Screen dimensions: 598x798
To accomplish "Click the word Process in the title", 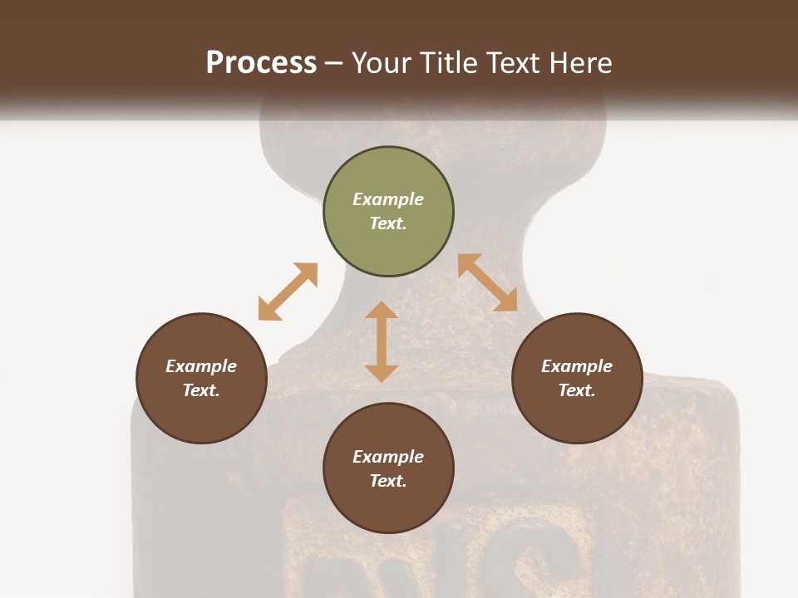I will (x=261, y=63).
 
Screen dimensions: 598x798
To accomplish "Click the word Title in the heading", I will (x=449, y=63).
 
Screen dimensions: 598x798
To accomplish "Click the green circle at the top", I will (x=388, y=212).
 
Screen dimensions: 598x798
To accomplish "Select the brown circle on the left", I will (x=201, y=379).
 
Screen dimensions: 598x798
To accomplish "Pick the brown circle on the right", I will (x=577, y=379).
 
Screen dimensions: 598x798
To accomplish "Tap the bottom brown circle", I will (x=388, y=468).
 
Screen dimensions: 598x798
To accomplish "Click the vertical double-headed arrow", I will (x=382, y=341).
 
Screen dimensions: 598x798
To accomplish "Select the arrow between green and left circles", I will (x=288, y=292).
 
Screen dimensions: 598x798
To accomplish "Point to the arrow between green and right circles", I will (x=488, y=282).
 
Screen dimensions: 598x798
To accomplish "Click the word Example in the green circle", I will (x=388, y=199).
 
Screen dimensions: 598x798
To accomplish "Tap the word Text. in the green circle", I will (x=388, y=223).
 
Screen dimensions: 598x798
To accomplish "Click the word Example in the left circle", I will (x=201, y=366).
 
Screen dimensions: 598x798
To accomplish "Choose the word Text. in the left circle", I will (x=201, y=390).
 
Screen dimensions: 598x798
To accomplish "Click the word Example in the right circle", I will (x=577, y=366).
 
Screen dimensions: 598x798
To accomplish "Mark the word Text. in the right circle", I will (x=577, y=390).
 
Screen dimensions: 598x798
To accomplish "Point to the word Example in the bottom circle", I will (x=388, y=457).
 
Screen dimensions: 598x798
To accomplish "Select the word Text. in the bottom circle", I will (x=388, y=481).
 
